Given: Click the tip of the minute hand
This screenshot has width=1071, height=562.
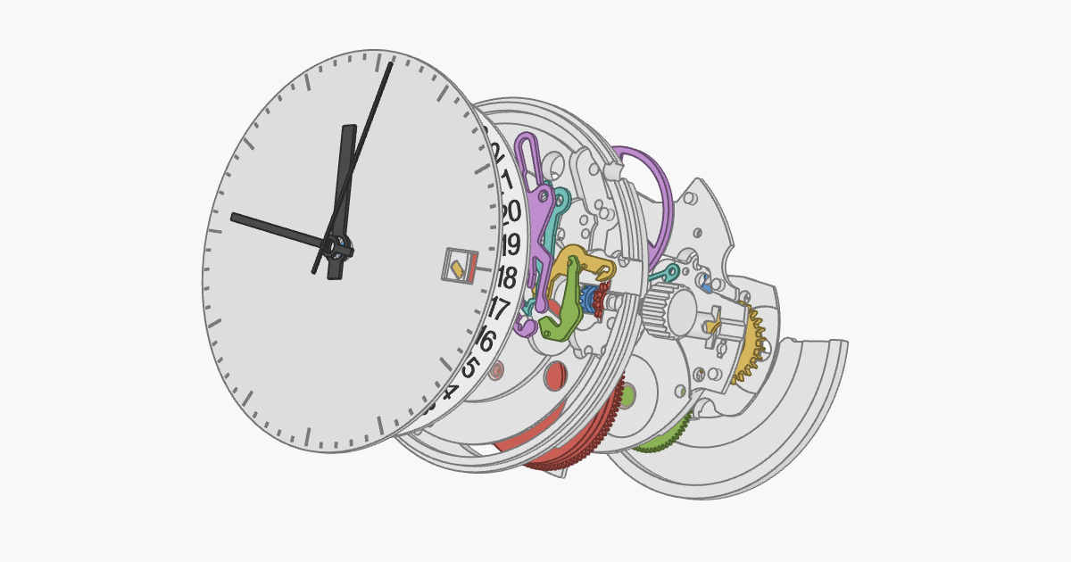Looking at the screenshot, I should pos(391,63).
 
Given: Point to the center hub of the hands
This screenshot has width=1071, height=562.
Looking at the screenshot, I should pos(337,247).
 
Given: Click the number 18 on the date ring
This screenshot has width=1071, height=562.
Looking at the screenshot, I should pos(506,277).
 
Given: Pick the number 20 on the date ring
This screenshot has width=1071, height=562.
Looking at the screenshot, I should pos(511,212).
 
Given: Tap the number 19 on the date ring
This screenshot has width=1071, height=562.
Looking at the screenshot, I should pos(510,244).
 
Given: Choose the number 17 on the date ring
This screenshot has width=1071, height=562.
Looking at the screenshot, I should pos(498,310).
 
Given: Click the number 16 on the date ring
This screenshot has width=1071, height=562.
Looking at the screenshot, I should pos(486,340).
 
